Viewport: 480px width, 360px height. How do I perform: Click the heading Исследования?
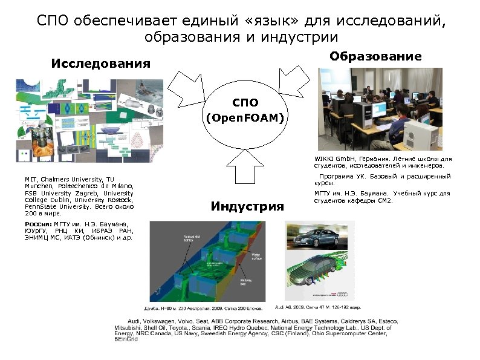pyautogui.click(x=100, y=64)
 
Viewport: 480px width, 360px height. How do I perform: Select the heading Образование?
pyautogui.click(x=375, y=56)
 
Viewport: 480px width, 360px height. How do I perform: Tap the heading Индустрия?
pyautogui.click(x=247, y=207)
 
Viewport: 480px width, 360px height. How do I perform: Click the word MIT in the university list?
pyautogui.click(x=30, y=180)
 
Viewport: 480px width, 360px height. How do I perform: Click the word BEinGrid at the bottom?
pyautogui.click(x=126, y=339)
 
